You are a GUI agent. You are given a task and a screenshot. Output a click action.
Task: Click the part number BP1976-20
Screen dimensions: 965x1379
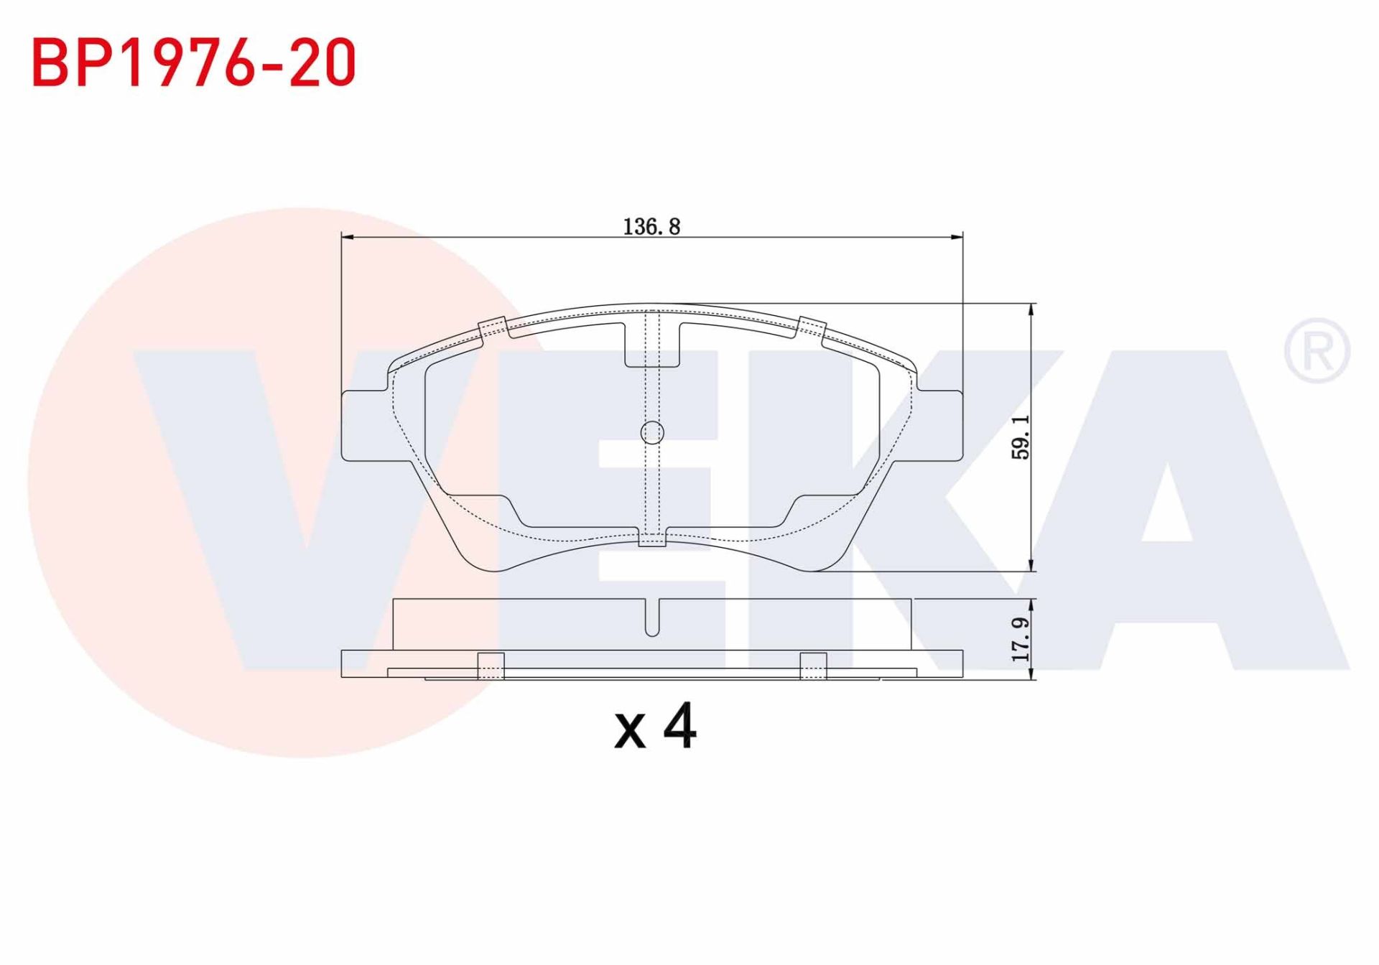[194, 63]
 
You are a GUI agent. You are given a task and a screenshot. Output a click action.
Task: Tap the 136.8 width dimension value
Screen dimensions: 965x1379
[651, 227]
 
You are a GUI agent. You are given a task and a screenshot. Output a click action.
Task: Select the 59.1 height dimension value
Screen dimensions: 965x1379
[1021, 437]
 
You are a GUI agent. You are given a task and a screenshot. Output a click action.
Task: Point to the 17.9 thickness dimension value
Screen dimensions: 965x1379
[1021, 639]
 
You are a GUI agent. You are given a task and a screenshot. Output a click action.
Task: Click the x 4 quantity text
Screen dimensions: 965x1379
[654, 727]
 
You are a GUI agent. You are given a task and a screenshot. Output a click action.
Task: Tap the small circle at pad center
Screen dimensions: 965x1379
[652, 432]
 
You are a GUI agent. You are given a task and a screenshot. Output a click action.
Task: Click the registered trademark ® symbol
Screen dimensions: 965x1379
[1317, 350]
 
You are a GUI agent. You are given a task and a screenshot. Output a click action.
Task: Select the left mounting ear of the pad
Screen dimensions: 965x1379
[366, 425]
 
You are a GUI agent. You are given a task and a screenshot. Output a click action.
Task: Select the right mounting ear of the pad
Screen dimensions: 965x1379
[938, 425]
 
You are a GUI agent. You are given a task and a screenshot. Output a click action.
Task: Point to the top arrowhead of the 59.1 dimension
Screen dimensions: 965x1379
[1032, 309]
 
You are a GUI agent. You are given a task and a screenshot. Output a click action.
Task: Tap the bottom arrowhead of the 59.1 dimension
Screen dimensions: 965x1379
[1032, 566]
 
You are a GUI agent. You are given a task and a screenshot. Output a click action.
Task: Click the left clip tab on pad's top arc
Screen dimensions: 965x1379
[493, 327]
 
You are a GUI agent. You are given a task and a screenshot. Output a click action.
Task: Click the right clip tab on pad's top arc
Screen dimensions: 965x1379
[812, 327]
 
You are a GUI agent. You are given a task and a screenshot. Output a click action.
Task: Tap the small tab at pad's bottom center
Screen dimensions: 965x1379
[652, 538]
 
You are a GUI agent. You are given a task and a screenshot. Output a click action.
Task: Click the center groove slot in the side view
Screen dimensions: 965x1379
[652, 619]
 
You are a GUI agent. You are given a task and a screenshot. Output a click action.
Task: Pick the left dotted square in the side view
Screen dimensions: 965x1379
[491, 666]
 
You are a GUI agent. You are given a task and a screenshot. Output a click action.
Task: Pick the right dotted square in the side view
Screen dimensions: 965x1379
[813, 666]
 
